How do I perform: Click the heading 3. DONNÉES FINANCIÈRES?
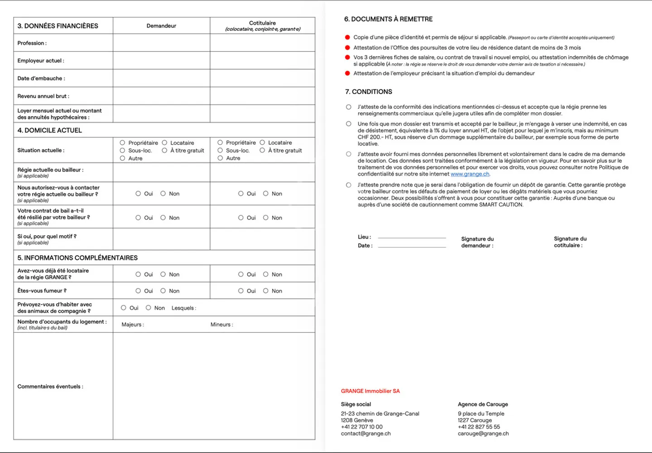[58, 26]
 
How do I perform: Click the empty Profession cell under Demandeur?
[161, 43]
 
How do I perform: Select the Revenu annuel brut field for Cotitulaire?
[262, 96]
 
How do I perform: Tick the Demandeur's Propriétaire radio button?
[122, 143]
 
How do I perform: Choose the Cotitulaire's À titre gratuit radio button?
[262, 150]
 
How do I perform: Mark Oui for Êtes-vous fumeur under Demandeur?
[138, 291]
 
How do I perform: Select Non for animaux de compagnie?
[148, 308]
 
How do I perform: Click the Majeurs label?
[133, 324]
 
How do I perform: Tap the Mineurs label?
[221, 324]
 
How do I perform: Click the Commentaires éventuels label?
[50, 386]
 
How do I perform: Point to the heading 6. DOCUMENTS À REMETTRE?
[388, 19]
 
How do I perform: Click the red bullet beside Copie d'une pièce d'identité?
[347, 38]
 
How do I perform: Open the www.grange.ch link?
[470, 174]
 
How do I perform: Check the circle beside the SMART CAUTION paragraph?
[349, 185]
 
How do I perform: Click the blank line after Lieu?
[412, 237]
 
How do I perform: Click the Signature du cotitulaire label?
[570, 242]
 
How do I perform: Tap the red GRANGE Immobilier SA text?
[370, 391]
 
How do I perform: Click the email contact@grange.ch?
[365, 434]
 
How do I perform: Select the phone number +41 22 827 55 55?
[479, 427]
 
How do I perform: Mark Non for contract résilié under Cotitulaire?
[266, 218]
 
